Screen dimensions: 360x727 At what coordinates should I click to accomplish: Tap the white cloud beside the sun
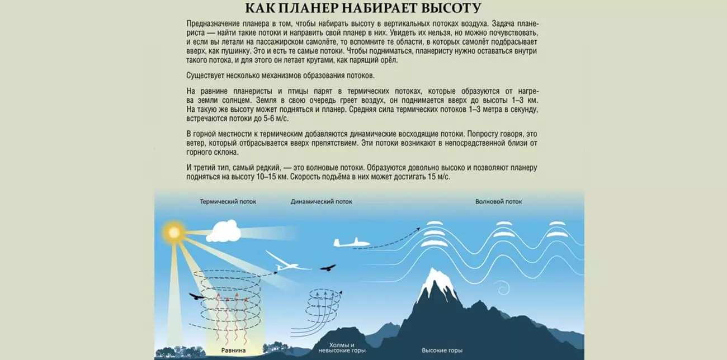[226, 230]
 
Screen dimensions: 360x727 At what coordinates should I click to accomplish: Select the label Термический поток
[228, 202]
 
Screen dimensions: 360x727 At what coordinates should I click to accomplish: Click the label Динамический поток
[322, 202]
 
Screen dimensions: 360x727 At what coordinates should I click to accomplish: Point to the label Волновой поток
[499, 202]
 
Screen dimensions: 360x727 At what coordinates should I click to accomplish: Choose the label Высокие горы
[442, 350]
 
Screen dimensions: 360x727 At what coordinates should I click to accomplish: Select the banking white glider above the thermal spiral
[286, 263]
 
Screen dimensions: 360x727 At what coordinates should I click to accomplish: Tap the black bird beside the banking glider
[328, 268]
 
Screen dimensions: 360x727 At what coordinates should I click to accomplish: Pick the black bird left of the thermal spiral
[197, 297]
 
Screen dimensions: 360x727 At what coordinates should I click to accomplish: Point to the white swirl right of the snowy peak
[502, 289]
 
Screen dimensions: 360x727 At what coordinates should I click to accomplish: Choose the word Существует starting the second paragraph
[206, 75]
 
